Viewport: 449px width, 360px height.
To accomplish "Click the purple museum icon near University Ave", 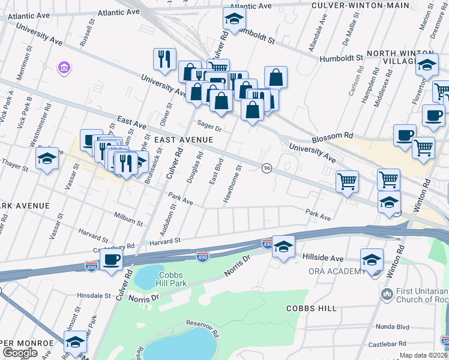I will pyautogui.click(x=64, y=68).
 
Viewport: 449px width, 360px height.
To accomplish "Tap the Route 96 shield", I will pyautogui.click(x=267, y=167).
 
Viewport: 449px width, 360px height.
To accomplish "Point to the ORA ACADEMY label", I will pyautogui.click(x=337, y=271).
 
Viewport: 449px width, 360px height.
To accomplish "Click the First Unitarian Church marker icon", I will pyautogui.click(x=387, y=294).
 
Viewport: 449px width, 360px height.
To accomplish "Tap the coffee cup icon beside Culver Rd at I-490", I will pyautogui.click(x=112, y=260).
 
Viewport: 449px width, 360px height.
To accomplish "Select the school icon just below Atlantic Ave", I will pyautogui.click(x=234, y=19).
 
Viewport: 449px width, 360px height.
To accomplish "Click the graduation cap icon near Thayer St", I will pyautogui.click(x=47, y=159).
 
